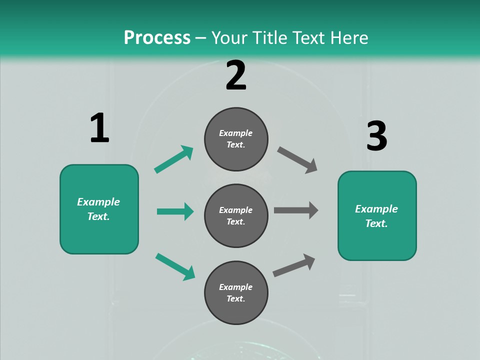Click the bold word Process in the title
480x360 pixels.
(x=157, y=37)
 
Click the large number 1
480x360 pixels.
(x=99, y=128)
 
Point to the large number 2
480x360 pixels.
(x=235, y=75)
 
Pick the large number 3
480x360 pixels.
(x=376, y=136)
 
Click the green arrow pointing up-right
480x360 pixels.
(x=174, y=159)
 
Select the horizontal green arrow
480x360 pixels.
(x=175, y=211)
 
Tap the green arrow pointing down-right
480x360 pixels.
(x=175, y=266)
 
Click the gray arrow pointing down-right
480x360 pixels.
(x=297, y=160)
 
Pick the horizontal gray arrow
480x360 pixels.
(x=296, y=210)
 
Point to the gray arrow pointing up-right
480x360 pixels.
(x=294, y=265)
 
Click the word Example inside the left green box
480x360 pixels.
(x=98, y=202)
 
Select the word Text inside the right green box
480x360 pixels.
(x=376, y=223)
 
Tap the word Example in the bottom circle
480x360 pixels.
(x=236, y=287)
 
